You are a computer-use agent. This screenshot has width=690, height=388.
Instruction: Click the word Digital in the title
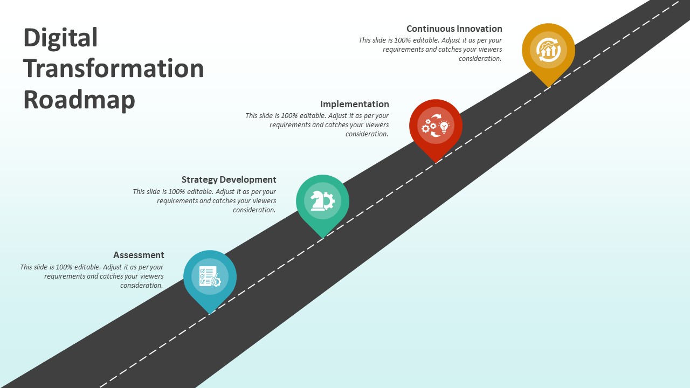tap(60, 38)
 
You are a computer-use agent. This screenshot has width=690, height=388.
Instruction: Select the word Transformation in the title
tap(113, 69)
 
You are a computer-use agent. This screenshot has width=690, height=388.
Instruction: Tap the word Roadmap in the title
tap(79, 100)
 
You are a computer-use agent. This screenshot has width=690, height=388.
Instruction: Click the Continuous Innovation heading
tap(454, 29)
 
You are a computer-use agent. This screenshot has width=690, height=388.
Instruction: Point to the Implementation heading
tap(354, 104)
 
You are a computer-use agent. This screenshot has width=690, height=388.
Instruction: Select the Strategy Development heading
tap(229, 179)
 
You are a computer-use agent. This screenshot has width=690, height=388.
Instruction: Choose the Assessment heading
tap(139, 255)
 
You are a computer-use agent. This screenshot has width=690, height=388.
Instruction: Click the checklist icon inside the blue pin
tap(210, 276)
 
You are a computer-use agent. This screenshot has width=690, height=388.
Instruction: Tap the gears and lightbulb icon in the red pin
tap(436, 126)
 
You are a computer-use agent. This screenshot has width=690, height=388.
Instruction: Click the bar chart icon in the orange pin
tap(548, 50)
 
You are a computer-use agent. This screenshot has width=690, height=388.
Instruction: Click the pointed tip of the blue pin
tap(210, 311)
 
